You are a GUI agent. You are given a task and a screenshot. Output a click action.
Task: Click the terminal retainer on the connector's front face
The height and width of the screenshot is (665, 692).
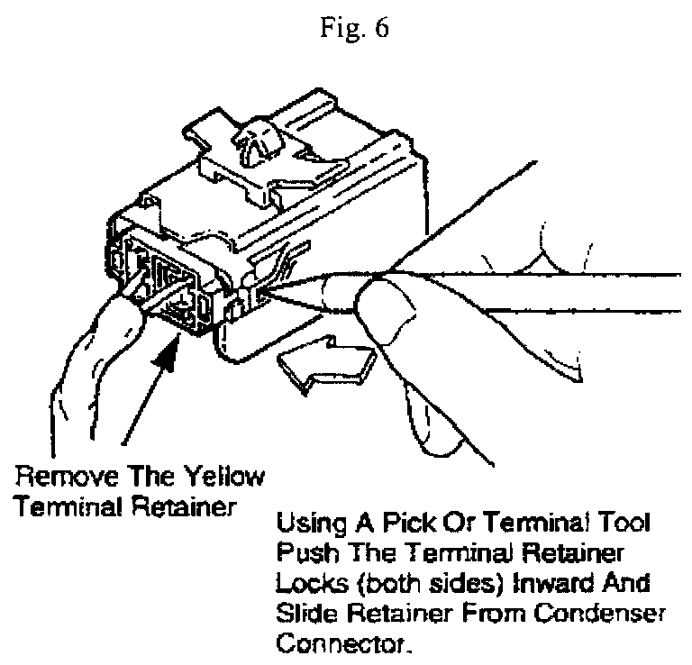[x=167, y=284]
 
